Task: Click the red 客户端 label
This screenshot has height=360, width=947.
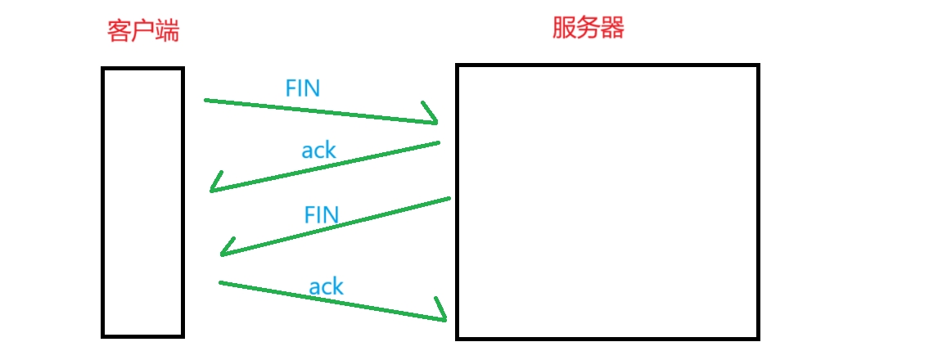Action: [x=143, y=32]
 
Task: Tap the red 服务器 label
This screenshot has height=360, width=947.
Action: [x=588, y=29]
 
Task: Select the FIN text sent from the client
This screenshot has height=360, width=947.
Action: [x=302, y=88]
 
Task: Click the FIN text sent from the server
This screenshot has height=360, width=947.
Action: [x=321, y=215]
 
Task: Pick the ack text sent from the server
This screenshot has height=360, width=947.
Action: [x=318, y=150]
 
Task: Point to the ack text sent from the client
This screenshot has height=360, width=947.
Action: [x=326, y=286]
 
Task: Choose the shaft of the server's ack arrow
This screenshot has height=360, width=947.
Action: [x=327, y=167]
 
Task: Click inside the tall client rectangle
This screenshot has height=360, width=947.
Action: [x=142, y=202]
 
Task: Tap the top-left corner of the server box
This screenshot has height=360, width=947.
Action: [x=458, y=66]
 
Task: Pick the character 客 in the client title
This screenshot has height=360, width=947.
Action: [x=120, y=32]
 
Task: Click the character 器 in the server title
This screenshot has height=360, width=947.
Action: [x=612, y=29]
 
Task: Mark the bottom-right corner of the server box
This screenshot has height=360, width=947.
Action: [x=758, y=337]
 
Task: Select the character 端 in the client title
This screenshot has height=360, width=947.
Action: [x=167, y=32]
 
